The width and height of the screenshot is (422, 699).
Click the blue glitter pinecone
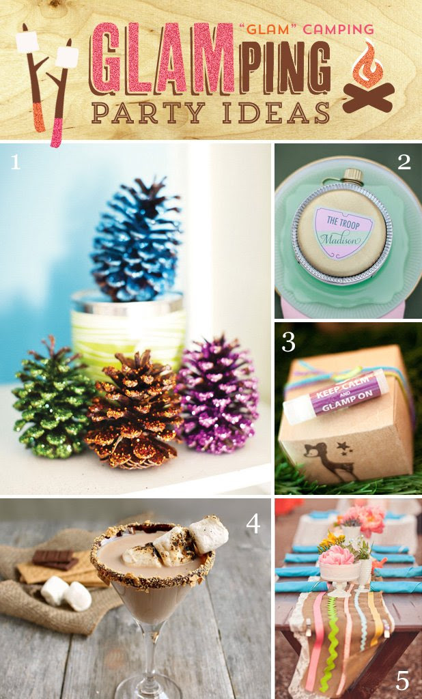coord(136,241)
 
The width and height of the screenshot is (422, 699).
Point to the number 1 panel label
coord(16,162)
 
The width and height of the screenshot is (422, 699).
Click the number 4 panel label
coord(253,524)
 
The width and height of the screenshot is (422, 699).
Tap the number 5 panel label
coord(402,681)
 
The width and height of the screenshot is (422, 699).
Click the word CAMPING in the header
coord(338,30)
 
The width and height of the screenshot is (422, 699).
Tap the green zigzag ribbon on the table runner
coord(328,641)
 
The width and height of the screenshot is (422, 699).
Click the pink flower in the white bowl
coord(337,556)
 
